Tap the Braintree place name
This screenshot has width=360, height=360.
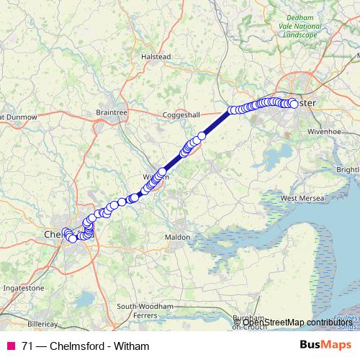[x=111, y=112]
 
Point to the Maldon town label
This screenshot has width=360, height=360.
[x=177, y=236]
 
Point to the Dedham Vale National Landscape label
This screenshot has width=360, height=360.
[x=300, y=27]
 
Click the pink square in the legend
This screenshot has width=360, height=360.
[x=11, y=346]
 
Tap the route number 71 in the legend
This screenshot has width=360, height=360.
[x=27, y=346]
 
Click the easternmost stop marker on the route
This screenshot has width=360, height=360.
[x=294, y=104]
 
